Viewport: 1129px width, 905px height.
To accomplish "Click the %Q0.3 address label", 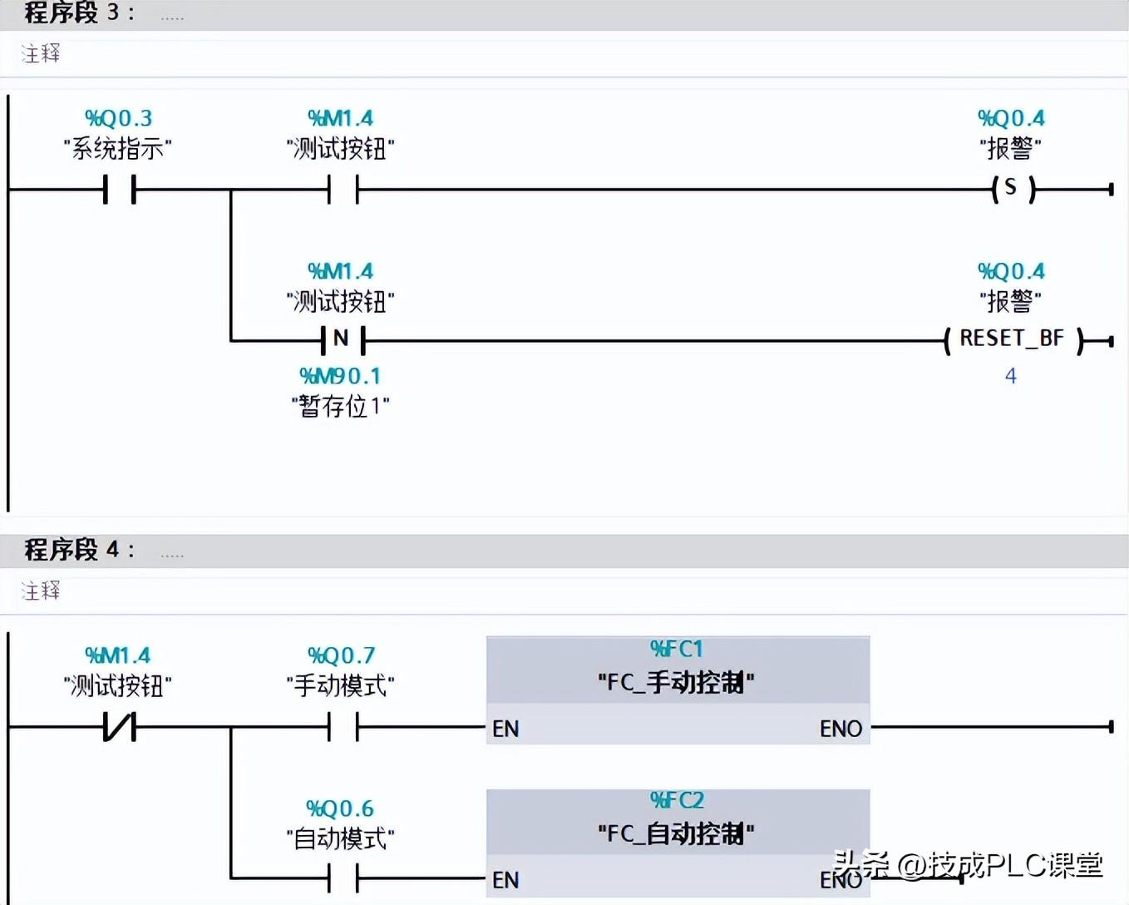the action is pos(119,118).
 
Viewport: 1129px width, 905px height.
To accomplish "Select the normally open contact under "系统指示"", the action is pos(120,190).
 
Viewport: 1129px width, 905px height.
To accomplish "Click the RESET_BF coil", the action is pos(1013,339).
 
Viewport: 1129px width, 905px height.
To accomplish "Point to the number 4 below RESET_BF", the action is pos(1010,376).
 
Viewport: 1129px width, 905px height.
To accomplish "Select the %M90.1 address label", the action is pos(340,376).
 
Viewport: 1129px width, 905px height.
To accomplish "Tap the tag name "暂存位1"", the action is pos(341,406).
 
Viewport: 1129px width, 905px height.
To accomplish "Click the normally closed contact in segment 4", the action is pos(120,726).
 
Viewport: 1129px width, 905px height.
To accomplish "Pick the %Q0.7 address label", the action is pos(342,655).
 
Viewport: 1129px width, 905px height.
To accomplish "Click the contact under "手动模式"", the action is pos(343,726).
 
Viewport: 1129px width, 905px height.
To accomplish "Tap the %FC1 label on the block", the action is pos(677,650).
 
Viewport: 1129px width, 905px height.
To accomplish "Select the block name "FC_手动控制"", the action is pos(677,683).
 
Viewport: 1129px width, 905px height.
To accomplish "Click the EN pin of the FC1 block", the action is pos(505,729).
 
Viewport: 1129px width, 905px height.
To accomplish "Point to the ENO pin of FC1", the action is pos(841,729).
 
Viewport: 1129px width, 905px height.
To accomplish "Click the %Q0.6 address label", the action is pos(340,809).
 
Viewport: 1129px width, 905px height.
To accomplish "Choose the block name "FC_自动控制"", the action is pos(677,834).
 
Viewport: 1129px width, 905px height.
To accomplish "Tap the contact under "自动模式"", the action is pos(343,878).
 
